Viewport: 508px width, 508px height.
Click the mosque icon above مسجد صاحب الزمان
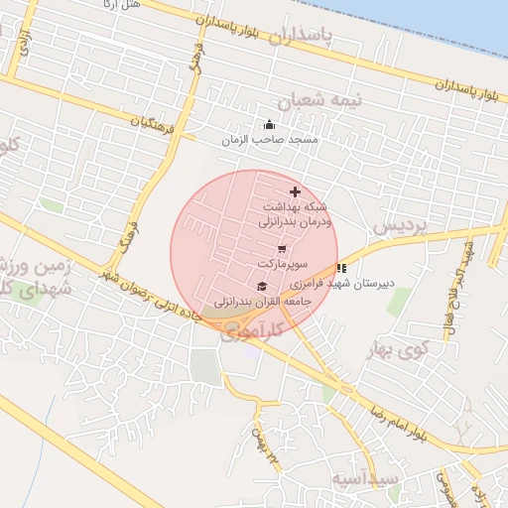coord(269,125)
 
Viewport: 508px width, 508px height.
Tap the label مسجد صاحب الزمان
coord(269,140)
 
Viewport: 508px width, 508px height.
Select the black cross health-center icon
coord(295,190)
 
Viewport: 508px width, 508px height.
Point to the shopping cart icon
coord(283,249)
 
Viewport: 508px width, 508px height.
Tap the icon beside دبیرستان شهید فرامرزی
coord(341,268)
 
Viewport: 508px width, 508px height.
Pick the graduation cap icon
coord(261,286)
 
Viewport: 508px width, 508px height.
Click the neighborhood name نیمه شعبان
coord(320,101)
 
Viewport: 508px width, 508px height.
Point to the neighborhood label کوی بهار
coord(397,349)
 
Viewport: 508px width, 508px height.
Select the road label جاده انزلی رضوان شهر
coord(164,298)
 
